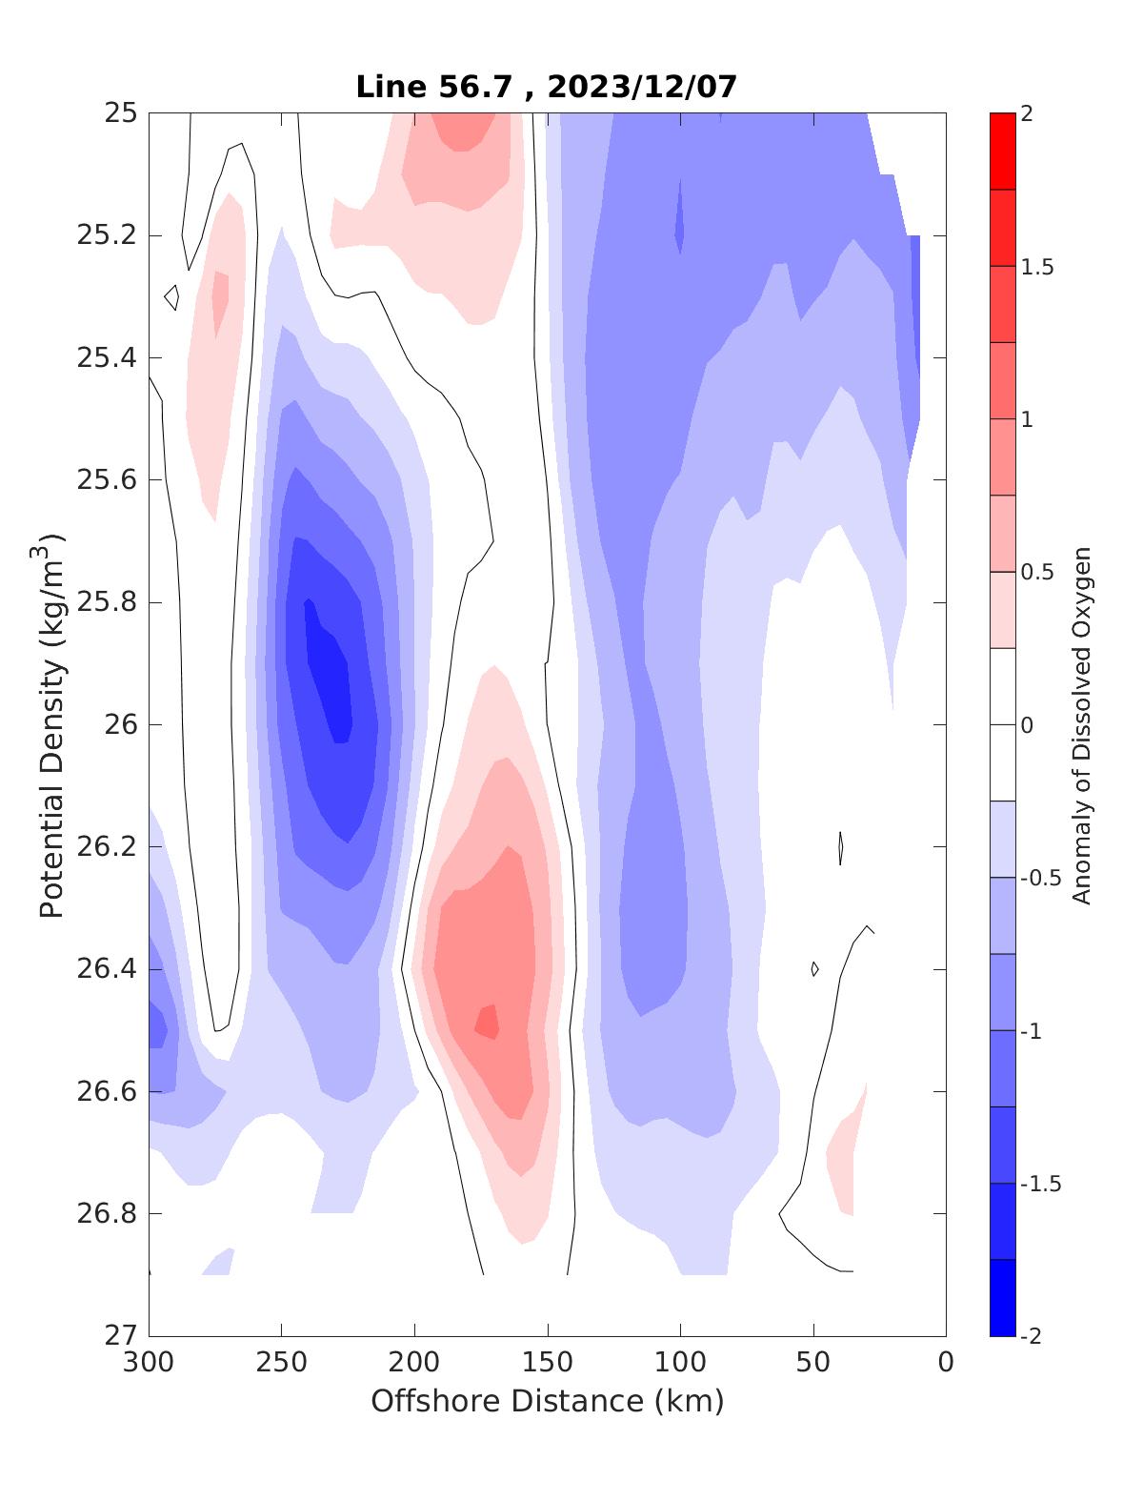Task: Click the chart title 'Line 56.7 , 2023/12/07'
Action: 547,87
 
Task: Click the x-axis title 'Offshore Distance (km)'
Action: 547,1401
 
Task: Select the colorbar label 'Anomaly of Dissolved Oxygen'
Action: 1081,724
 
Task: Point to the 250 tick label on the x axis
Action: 282,1363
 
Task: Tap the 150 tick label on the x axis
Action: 548,1363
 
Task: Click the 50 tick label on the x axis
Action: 813,1363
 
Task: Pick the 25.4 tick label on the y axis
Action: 106,358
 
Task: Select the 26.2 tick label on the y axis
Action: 106,847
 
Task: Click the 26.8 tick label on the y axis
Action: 106,1214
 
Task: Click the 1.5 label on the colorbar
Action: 1037,267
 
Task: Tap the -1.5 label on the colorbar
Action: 1040,1184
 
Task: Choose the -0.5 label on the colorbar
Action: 1040,878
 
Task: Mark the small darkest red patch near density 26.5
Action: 487,1022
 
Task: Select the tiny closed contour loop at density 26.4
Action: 814,968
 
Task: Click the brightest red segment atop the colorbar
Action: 1002,151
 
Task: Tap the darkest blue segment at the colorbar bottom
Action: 1002,1298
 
